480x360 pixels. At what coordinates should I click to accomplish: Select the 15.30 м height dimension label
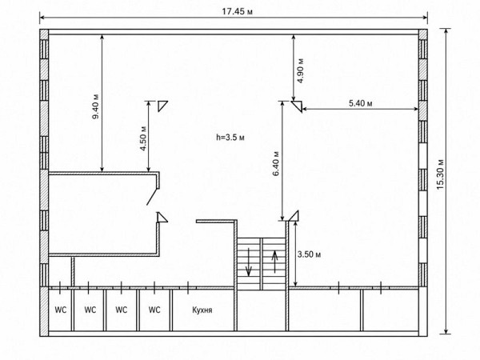[440, 174]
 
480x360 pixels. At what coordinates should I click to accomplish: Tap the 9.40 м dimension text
[96, 106]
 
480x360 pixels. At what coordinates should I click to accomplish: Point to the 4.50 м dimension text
[143, 138]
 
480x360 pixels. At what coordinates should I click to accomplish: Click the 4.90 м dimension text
[301, 70]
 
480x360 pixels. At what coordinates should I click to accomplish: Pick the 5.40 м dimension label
[361, 103]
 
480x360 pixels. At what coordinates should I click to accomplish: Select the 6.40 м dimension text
[276, 163]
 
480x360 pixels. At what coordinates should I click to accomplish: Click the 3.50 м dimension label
[309, 254]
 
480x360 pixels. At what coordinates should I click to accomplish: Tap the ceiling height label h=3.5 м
[230, 138]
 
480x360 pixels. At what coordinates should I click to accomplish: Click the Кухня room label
[202, 310]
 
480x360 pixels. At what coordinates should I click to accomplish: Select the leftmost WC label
[61, 310]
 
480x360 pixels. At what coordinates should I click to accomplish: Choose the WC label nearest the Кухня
[154, 310]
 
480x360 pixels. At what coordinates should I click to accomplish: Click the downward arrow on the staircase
[248, 262]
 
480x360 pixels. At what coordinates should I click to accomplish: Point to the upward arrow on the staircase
[274, 262]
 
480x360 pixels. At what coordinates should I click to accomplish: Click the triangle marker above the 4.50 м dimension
[162, 106]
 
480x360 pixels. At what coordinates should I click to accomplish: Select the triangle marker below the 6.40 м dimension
[294, 216]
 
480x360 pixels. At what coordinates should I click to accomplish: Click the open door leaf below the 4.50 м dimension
[152, 196]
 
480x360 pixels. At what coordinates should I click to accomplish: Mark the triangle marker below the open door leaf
[162, 218]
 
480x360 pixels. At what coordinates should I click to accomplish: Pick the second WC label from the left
[90, 310]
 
